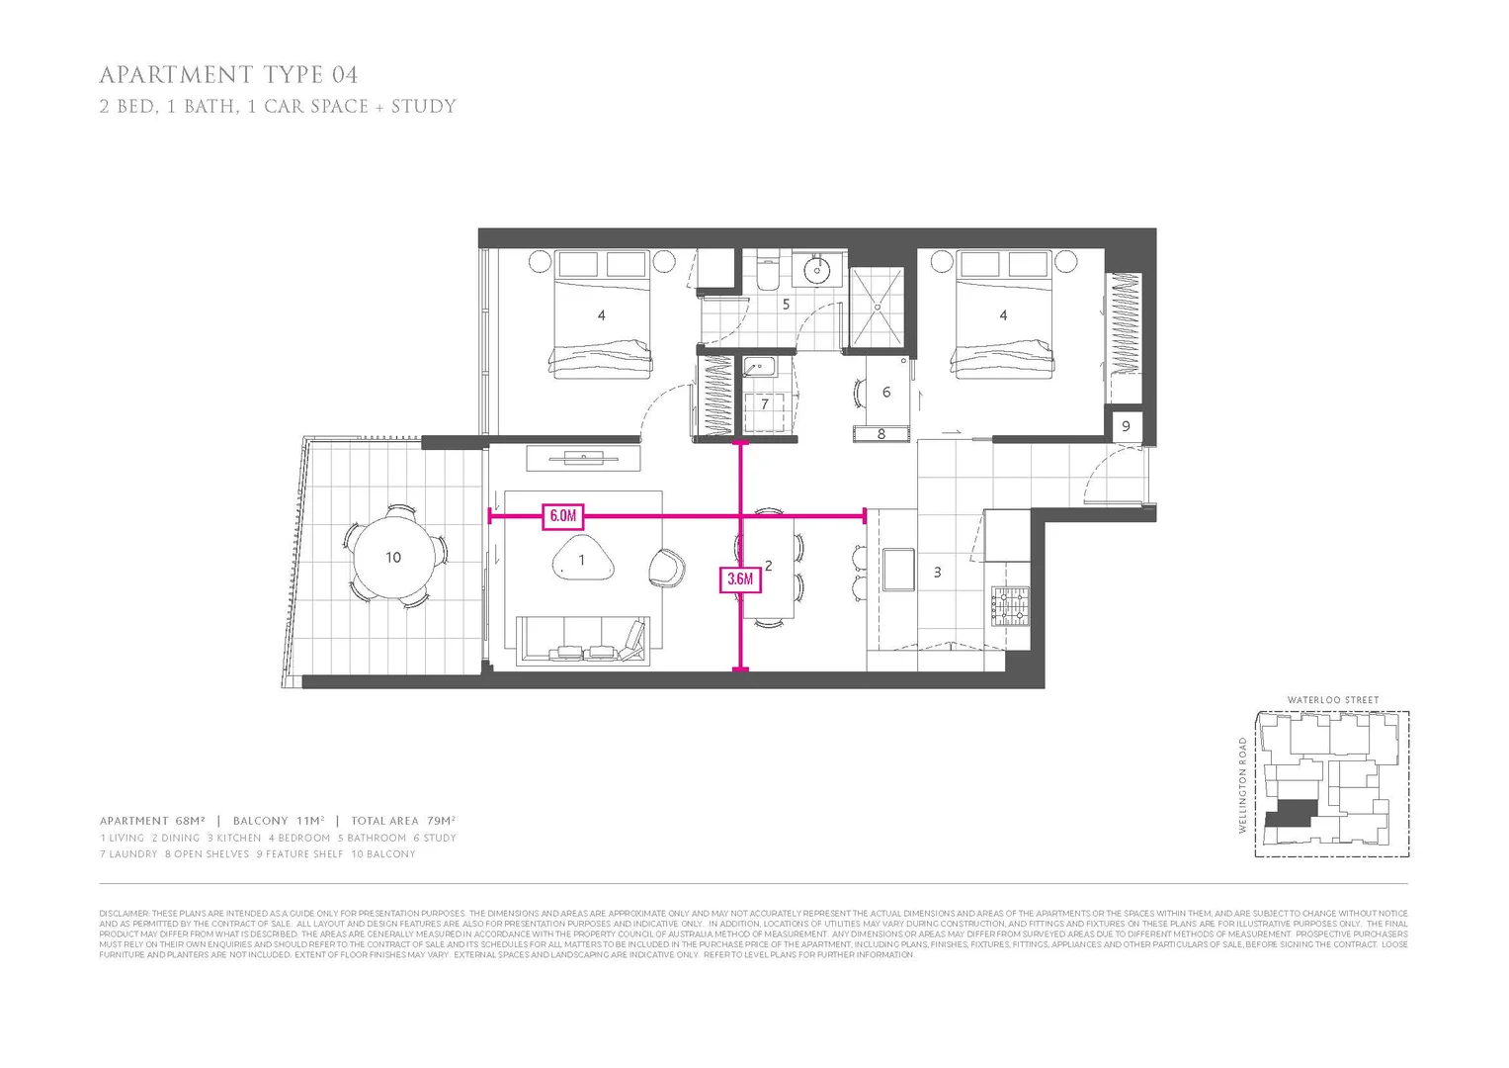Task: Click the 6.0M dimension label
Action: click(562, 515)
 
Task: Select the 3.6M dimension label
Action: click(739, 578)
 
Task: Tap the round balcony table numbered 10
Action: click(393, 557)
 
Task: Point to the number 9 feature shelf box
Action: click(1125, 426)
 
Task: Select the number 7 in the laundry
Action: click(764, 404)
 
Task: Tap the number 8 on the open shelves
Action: click(880, 434)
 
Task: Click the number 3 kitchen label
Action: click(937, 572)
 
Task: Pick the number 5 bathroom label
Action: click(786, 305)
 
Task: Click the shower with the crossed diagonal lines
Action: click(878, 307)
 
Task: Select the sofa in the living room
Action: click(582, 640)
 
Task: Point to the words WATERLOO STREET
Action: click(1332, 700)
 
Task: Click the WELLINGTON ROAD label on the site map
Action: click(1243, 785)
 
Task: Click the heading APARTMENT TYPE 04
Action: click(228, 75)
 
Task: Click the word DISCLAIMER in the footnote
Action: click(124, 913)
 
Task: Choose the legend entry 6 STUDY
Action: click(435, 838)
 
